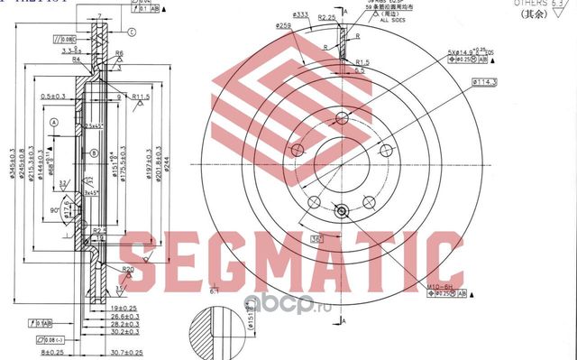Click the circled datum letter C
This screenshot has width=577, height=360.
132,32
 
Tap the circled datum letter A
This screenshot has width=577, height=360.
55,122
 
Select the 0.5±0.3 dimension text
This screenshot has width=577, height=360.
56,95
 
